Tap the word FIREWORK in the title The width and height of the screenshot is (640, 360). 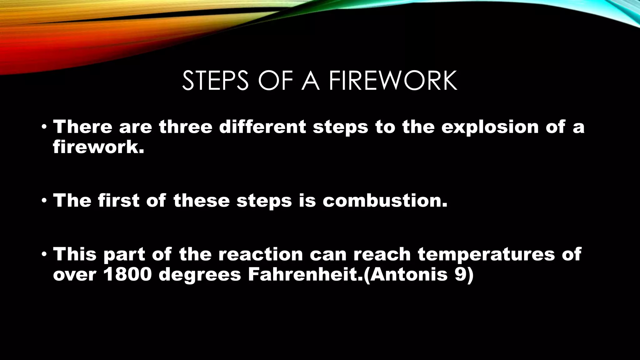[393, 81]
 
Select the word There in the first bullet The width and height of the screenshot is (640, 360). [82, 127]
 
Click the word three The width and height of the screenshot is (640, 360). [185, 127]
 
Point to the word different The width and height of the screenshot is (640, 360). [262, 127]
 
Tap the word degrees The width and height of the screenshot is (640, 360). [200, 275]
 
